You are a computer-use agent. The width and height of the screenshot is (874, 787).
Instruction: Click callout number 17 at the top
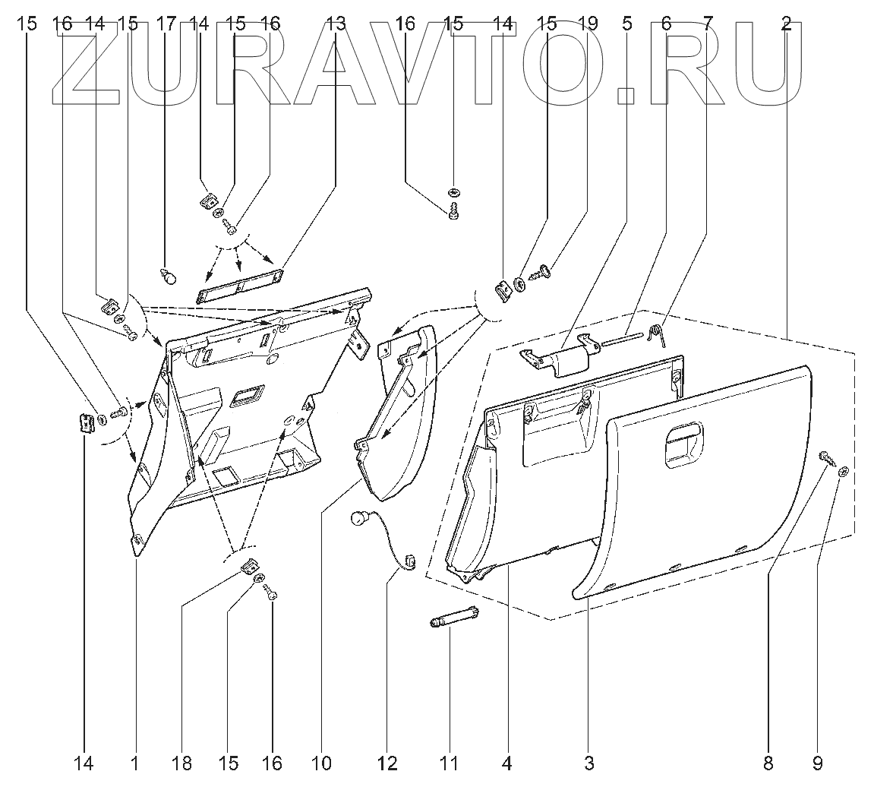[x=166, y=24]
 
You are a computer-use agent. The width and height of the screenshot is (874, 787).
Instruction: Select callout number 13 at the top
[x=336, y=24]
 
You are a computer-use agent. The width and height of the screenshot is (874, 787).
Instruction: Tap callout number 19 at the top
[x=587, y=24]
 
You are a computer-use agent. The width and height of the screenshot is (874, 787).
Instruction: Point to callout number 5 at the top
[x=626, y=24]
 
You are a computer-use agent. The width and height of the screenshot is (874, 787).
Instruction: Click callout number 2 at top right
[x=787, y=24]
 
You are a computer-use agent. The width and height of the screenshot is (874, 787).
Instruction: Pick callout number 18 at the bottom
[x=182, y=762]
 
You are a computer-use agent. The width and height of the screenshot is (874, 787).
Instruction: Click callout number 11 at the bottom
[x=449, y=762]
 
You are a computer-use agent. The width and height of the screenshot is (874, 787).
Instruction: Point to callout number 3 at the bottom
[x=589, y=762]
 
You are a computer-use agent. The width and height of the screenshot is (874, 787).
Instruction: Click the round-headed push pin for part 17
[x=169, y=276]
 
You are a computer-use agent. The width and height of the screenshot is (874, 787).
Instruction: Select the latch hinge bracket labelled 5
[x=560, y=356]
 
